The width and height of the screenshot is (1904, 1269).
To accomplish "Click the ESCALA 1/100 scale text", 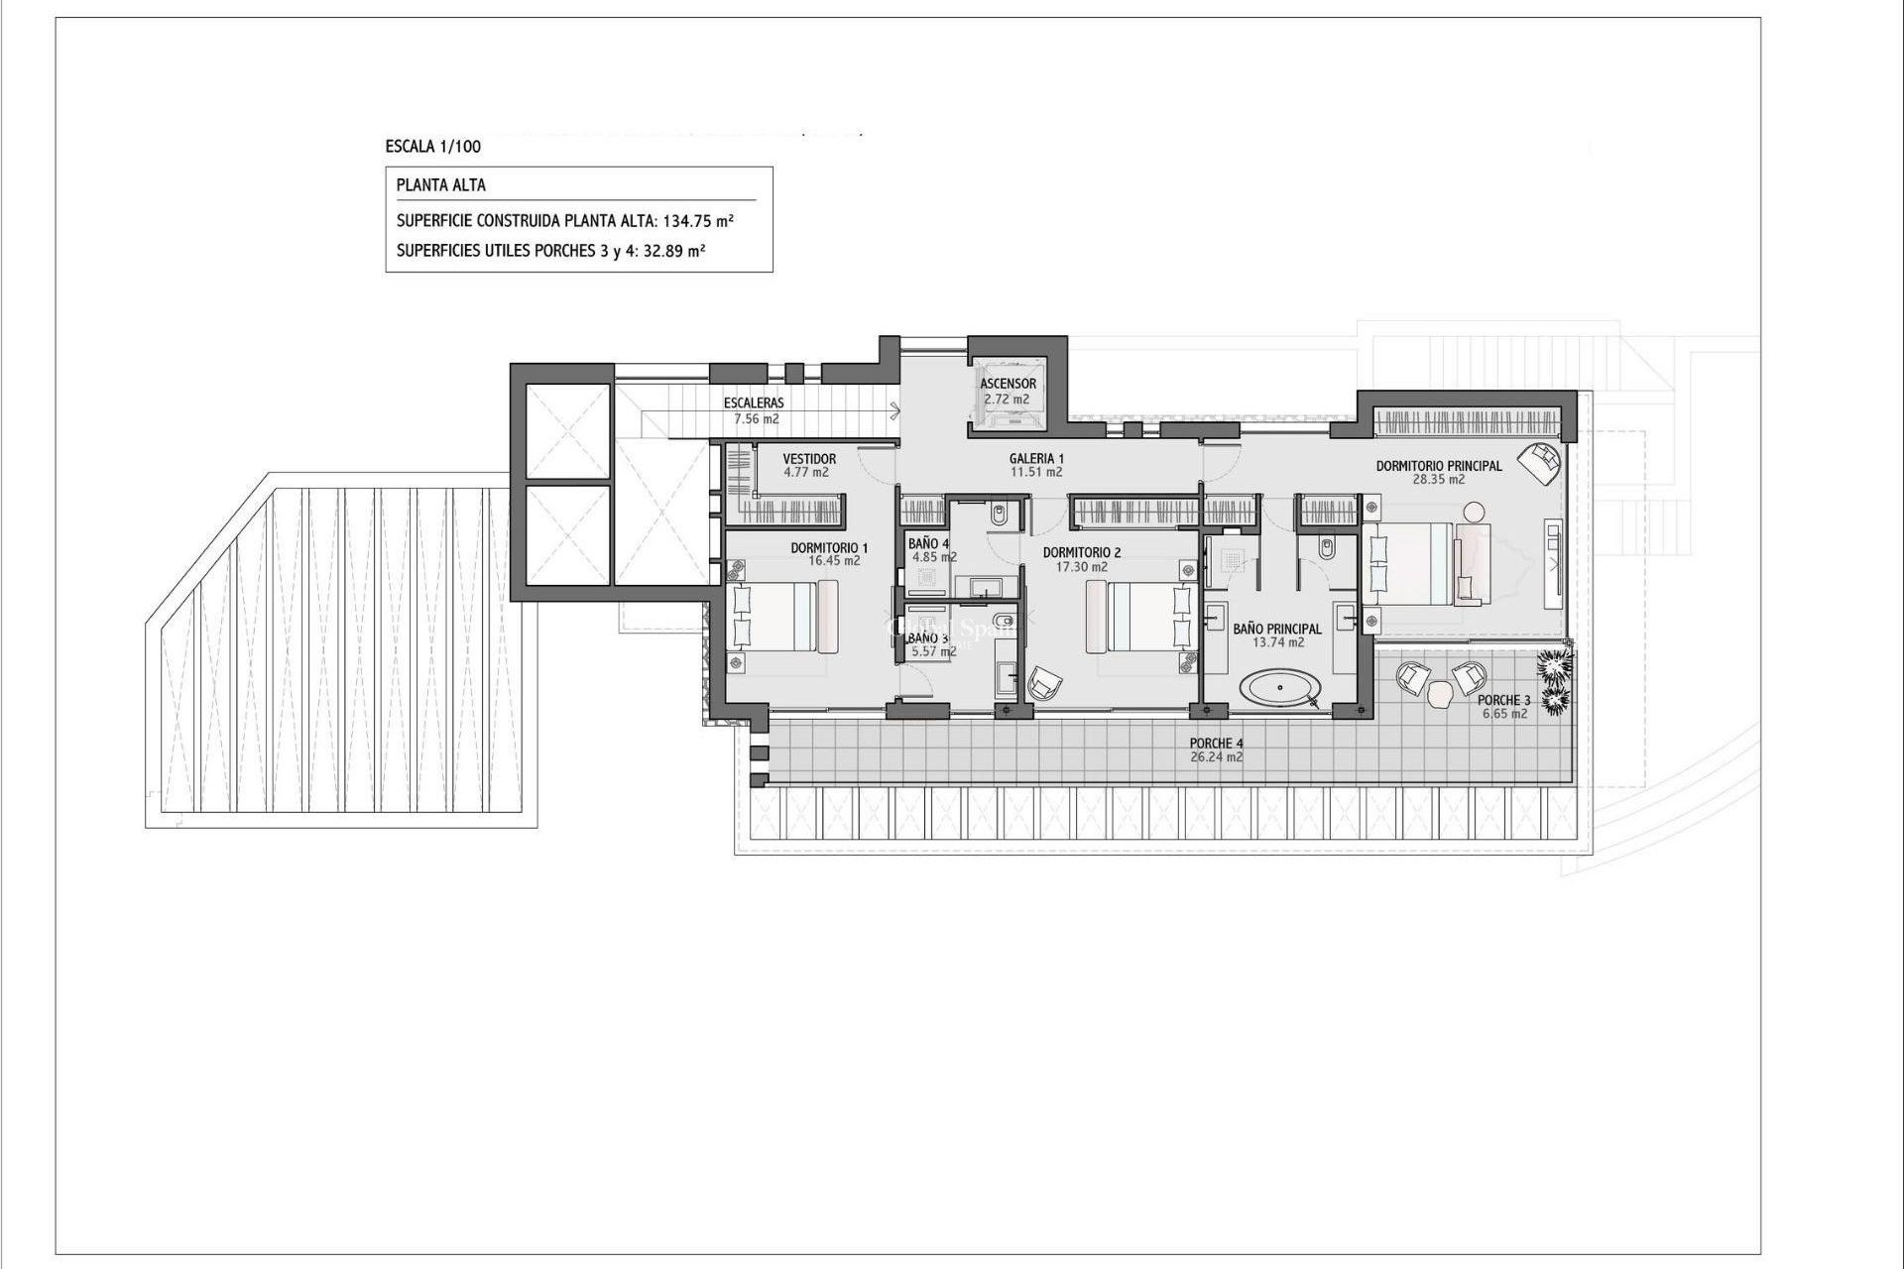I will point(432,147).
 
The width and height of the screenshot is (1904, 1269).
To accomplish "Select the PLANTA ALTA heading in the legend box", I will point(440,185).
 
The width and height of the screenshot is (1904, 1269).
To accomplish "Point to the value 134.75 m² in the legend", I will point(698,221).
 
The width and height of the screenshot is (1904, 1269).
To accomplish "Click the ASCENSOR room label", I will point(1008,384).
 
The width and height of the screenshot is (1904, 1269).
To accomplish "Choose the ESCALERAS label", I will point(754,404).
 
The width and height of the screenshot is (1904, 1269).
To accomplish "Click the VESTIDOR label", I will point(809,459).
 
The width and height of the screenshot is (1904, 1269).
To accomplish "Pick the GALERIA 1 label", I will point(1036,459).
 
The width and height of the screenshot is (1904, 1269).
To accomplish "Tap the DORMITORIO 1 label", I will point(829,547).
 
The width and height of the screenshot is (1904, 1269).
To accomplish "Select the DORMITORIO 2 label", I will point(1082,553).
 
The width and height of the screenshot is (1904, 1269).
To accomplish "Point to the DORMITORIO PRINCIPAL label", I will point(1438,466).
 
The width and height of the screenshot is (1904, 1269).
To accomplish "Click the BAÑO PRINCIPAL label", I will point(1277,629).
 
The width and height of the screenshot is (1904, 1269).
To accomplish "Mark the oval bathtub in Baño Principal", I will point(1282,687).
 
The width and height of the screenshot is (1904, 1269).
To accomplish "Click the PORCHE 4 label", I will point(1216,744).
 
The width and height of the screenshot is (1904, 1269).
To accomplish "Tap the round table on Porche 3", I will point(1439,697).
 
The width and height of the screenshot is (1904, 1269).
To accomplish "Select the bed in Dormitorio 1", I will point(783,617).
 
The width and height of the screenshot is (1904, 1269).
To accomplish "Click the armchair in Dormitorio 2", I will point(1044,683).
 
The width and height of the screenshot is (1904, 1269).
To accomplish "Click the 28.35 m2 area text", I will point(1438,480).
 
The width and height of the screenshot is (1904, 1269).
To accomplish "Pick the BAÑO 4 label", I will point(928,544).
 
